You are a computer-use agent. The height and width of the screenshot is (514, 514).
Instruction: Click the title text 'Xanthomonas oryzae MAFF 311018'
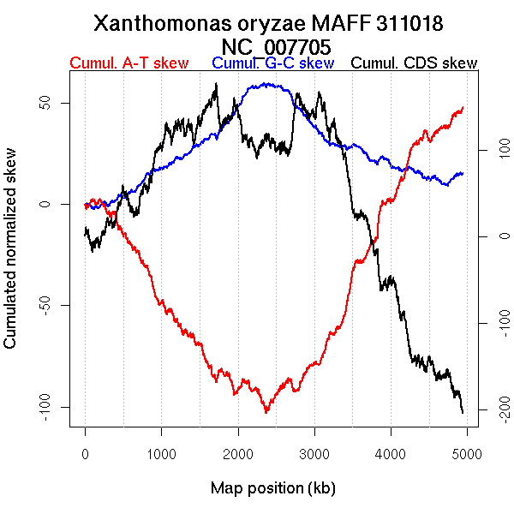(x=268, y=23)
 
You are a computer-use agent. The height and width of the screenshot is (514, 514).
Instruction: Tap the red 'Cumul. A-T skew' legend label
(x=129, y=63)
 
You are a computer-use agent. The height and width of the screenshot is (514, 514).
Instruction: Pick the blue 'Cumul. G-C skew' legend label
(x=272, y=63)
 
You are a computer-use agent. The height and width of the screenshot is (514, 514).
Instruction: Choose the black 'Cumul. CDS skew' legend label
(x=415, y=63)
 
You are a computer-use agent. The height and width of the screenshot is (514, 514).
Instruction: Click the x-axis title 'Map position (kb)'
(x=272, y=488)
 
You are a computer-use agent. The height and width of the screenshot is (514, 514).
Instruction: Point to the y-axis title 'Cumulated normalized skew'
(x=11, y=260)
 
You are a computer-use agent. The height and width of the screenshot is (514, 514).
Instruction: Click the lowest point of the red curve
(x=266, y=412)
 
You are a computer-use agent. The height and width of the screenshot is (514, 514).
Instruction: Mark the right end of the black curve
(x=463, y=413)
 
